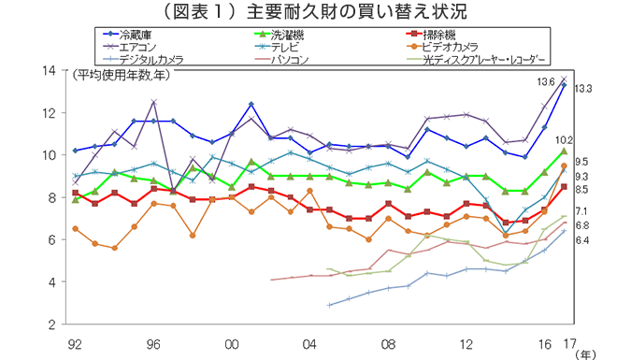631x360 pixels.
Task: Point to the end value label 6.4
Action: (581, 240)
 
